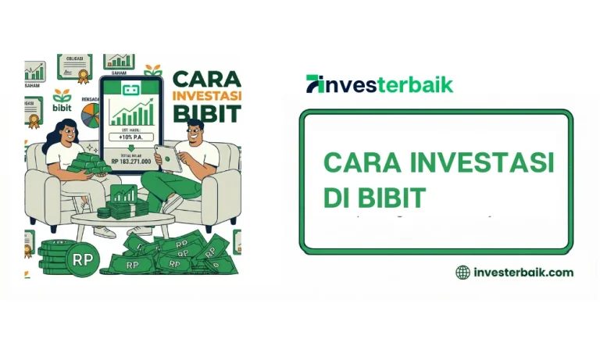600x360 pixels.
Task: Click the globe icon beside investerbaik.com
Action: [463, 273]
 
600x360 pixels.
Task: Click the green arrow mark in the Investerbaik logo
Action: [314, 84]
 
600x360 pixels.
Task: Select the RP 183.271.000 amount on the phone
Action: [131, 162]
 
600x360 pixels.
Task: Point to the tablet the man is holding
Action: [166, 158]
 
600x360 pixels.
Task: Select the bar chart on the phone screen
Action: [131, 114]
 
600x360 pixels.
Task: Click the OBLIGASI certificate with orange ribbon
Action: [75, 67]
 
